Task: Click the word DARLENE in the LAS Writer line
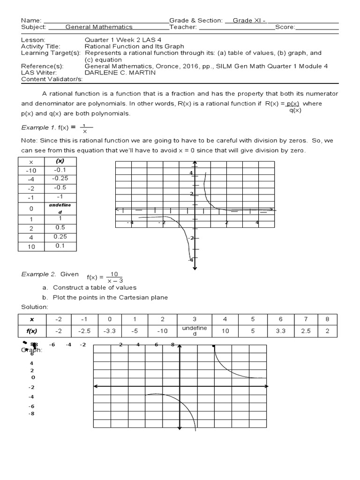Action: coord(99,73)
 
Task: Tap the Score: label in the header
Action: coord(285,27)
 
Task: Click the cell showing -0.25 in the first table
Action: coord(60,178)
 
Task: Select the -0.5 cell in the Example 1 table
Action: coord(60,187)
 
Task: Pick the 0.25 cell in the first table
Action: coord(60,237)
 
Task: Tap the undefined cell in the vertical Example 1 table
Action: coord(60,209)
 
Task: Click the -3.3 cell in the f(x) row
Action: coord(110,331)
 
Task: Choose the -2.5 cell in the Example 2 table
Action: coord(84,331)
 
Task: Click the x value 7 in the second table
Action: coord(306,319)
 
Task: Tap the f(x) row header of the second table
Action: coord(32,331)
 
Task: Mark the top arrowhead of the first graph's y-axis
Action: coord(195,164)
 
